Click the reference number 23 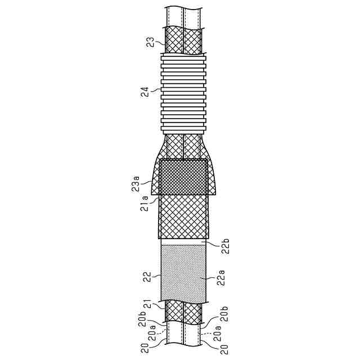coord(151,43)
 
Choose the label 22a coord(221,278)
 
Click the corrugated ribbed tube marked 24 coord(183,94)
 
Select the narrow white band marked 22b coord(183,242)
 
